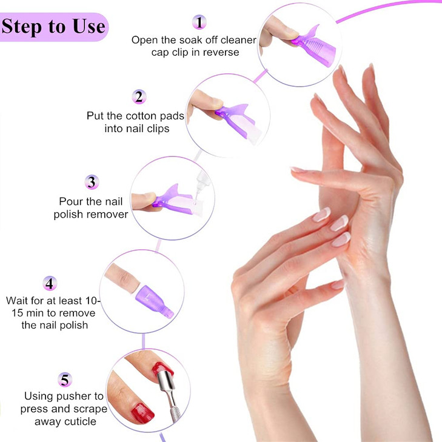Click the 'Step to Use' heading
[53, 26]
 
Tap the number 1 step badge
[199, 22]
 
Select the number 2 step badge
[139, 96]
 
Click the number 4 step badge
[50, 283]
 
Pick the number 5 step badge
[65, 380]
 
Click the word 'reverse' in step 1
[219, 52]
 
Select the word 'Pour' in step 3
[69, 201]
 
